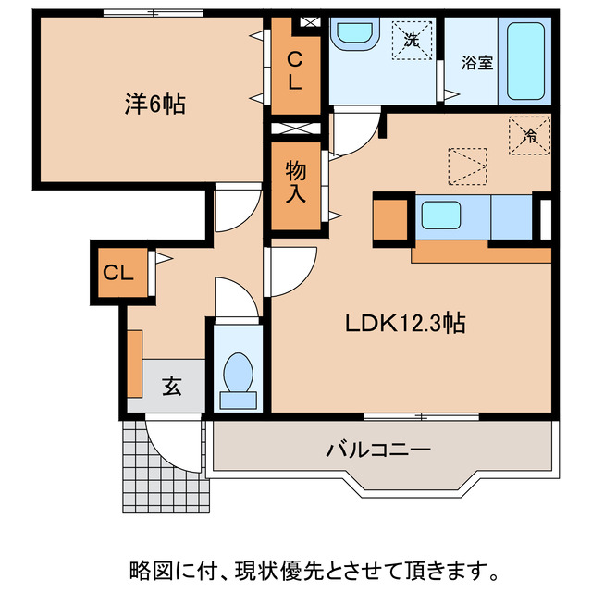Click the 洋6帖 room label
(155, 105)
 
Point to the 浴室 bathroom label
(476, 64)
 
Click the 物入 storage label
(295, 181)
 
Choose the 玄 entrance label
(172, 385)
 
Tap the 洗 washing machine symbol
(410, 40)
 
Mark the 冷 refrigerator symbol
(529, 135)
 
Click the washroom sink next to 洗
(352, 35)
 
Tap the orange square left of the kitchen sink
(391, 217)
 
